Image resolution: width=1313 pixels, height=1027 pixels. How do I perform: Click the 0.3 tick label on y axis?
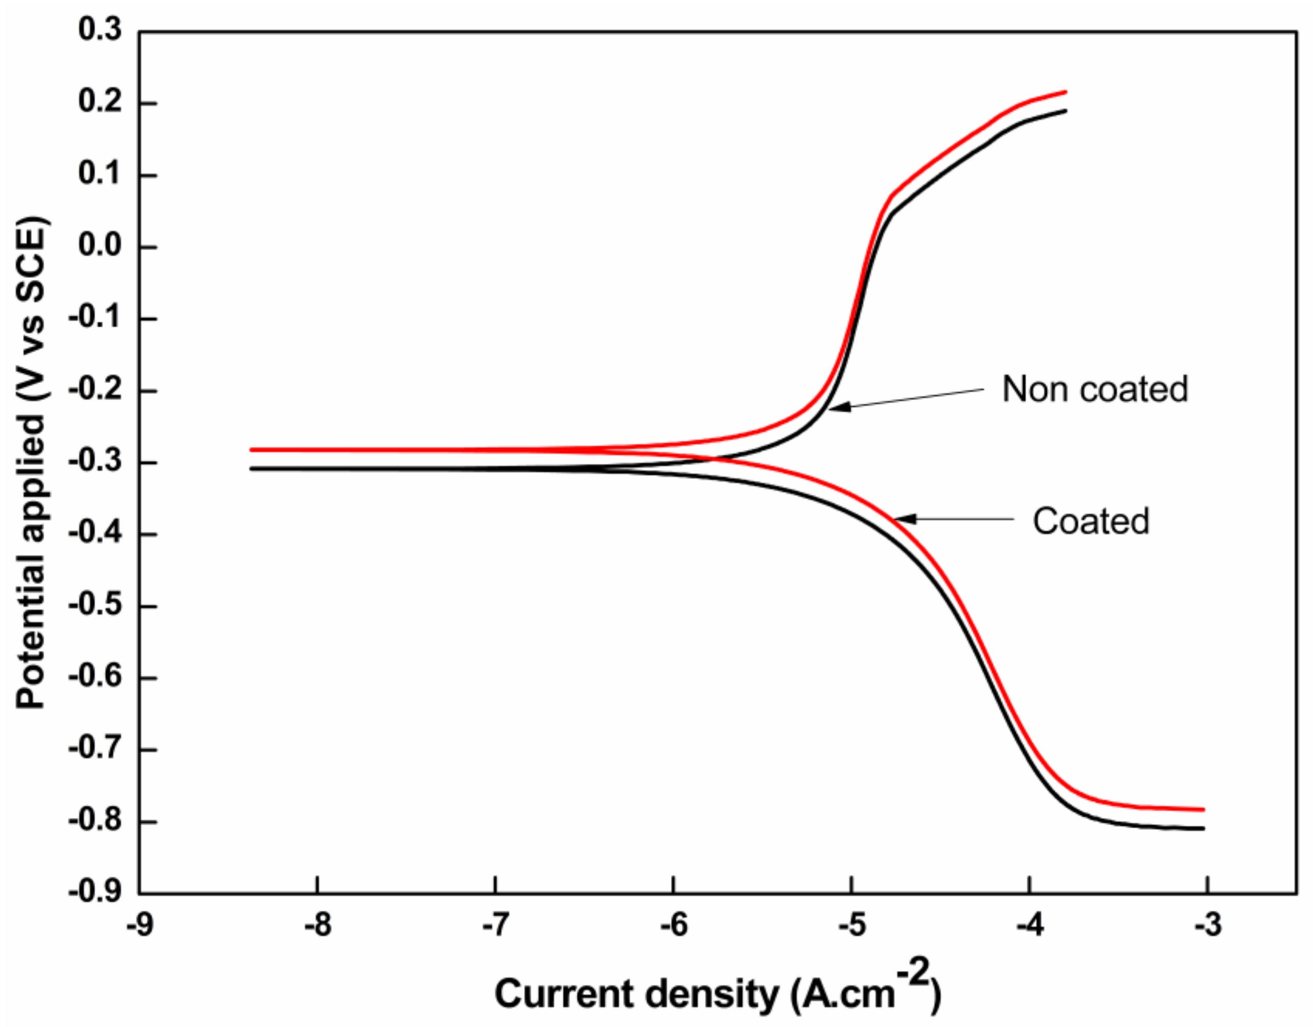pyautogui.click(x=99, y=30)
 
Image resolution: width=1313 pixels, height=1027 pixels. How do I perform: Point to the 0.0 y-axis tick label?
pyautogui.click(x=99, y=247)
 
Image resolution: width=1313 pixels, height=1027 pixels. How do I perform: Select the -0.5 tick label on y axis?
pyautogui.click(x=95, y=605)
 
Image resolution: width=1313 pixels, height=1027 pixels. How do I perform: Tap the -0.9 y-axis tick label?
pyautogui.click(x=95, y=892)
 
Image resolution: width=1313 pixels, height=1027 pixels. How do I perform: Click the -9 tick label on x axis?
pyautogui.click(x=139, y=925)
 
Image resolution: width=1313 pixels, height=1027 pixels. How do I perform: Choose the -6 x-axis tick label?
pyautogui.click(x=673, y=925)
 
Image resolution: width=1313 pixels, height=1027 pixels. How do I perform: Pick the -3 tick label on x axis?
pyautogui.click(x=1207, y=925)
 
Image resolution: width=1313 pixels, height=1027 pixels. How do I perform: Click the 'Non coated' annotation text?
pyautogui.click(x=1095, y=389)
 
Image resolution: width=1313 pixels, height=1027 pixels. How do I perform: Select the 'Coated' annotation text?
pyautogui.click(x=1091, y=521)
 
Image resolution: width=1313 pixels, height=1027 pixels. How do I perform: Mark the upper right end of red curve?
pyautogui.click(x=1065, y=92)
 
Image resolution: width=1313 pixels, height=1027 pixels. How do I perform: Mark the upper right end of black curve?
pyautogui.click(x=1065, y=111)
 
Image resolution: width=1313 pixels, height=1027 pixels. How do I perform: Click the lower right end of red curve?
pyautogui.click(x=1203, y=809)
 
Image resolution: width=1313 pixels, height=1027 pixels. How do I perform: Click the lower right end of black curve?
pyautogui.click(x=1203, y=829)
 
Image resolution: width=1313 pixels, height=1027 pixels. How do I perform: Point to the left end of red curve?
pyautogui.click(x=251, y=449)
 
